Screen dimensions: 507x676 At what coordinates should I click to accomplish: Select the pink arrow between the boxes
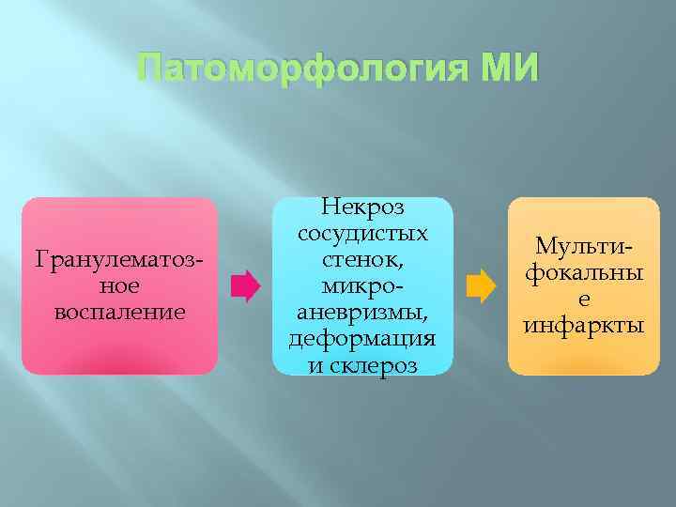245,285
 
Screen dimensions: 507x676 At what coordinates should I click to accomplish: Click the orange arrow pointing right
480,285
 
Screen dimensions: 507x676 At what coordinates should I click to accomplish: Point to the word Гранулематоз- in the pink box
118,258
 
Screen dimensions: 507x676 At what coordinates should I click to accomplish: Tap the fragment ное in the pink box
118,284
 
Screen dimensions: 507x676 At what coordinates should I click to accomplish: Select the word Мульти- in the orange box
583,246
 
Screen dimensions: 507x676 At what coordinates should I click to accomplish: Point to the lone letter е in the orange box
583,299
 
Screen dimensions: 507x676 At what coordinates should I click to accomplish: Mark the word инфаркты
583,325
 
